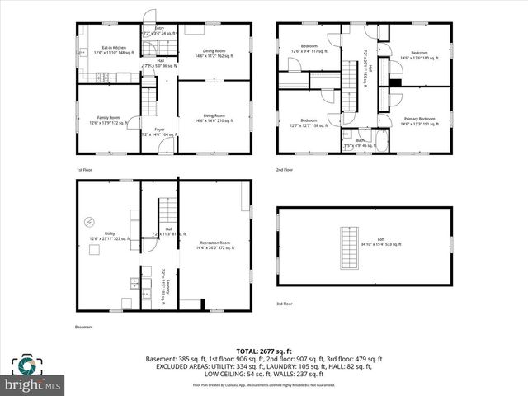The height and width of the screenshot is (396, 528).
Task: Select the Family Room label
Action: point(110,120)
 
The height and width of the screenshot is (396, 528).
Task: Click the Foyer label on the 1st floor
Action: point(158,132)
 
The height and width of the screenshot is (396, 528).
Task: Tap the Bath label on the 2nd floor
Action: point(361,143)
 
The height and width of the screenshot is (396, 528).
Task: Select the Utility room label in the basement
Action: point(110,236)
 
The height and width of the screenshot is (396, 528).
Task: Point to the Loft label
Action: point(381,242)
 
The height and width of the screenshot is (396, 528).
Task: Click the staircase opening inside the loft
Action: point(348,248)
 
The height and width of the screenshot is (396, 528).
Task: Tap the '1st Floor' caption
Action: point(84,170)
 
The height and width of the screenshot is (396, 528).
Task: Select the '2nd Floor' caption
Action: point(285,170)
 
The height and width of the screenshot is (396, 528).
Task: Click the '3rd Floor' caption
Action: point(285,304)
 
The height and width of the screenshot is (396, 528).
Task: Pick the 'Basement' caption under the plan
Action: point(84,327)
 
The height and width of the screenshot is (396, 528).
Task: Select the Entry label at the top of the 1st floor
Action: point(159,31)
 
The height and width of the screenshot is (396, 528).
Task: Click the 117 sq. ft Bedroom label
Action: point(309,49)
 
